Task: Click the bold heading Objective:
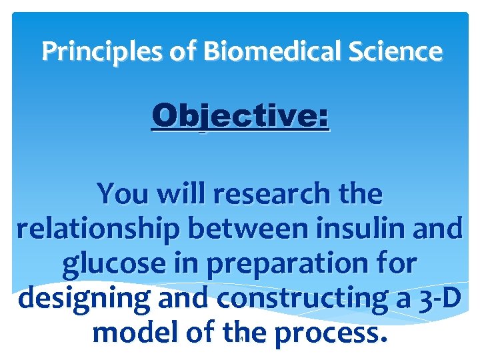point(240,117)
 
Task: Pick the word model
point(131,333)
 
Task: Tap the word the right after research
point(359,195)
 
